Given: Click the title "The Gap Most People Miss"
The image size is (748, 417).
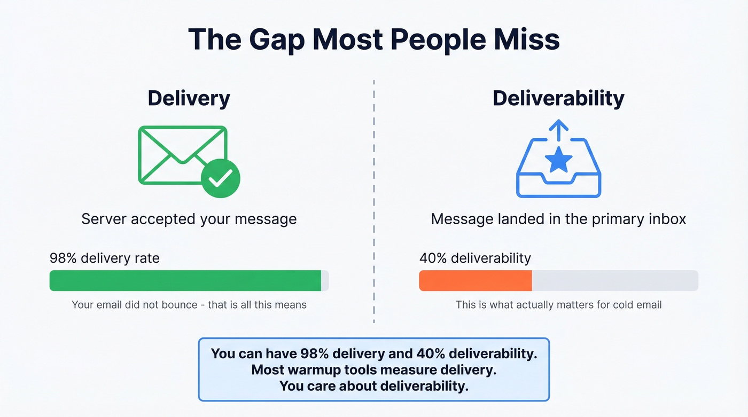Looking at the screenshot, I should (373, 39).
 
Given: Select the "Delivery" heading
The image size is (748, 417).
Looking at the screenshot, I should (189, 98).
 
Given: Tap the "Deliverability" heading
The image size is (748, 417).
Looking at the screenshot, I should (558, 98).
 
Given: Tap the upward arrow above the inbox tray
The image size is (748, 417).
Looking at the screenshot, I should (558, 130).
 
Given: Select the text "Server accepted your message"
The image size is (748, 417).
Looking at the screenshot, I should (189, 219).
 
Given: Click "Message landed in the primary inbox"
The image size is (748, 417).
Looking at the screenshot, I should (558, 219).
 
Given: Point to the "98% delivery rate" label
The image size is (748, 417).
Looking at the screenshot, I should (104, 258).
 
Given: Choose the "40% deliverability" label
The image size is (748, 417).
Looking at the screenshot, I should (474, 258).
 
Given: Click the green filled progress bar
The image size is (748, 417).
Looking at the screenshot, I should (185, 281).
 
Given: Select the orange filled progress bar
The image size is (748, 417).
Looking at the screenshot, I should (475, 281).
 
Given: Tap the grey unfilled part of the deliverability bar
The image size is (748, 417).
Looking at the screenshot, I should (614, 281).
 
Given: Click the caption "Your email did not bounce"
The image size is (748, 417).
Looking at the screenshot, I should (189, 305).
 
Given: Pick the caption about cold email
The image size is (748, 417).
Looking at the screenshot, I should (558, 305).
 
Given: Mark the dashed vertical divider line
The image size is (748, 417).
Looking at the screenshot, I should (373, 203).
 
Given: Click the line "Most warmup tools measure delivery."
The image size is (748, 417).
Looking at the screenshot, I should (373, 369).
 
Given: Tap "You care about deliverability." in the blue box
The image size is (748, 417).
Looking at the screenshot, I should (373, 385).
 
